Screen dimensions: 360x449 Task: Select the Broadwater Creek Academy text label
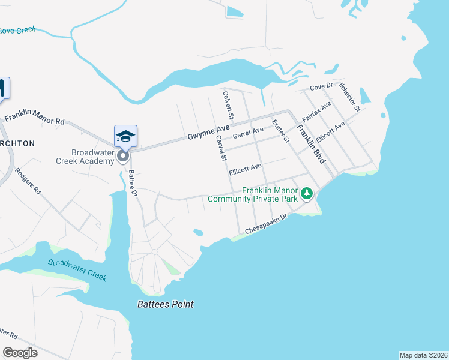pos(93,157)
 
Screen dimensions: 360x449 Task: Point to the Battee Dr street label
pos(133,182)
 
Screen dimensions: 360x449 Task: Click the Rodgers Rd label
pos(29,182)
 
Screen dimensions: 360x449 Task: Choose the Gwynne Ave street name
pos(208,129)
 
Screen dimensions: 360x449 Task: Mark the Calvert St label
pos(227,102)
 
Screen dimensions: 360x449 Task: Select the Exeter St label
pos(280,130)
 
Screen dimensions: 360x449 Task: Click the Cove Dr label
pos(321,88)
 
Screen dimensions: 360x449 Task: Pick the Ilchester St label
pos(349,97)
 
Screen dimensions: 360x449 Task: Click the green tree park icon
pos(307,193)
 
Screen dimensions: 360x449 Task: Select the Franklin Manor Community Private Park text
pos(270,194)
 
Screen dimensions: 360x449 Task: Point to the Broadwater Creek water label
pos(77,269)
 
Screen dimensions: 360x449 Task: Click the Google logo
pos(20,353)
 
